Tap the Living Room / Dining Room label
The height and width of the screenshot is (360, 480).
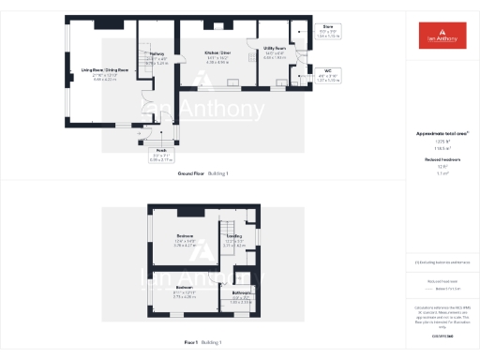click(x=91, y=69)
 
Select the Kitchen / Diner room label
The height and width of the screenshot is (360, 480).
click(x=217, y=52)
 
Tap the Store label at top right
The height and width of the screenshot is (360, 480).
click(x=327, y=27)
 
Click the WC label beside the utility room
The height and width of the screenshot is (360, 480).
click(x=327, y=70)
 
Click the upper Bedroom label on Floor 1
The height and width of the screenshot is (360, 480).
click(x=185, y=235)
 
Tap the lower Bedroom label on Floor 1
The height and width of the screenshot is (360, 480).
click(x=184, y=287)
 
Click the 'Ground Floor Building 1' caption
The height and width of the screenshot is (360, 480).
click(x=202, y=174)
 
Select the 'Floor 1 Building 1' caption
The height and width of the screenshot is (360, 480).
click(x=202, y=343)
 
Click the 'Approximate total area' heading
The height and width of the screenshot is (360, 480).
click(x=442, y=133)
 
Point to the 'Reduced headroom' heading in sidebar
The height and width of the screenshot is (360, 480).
click(x=442, y=159)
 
